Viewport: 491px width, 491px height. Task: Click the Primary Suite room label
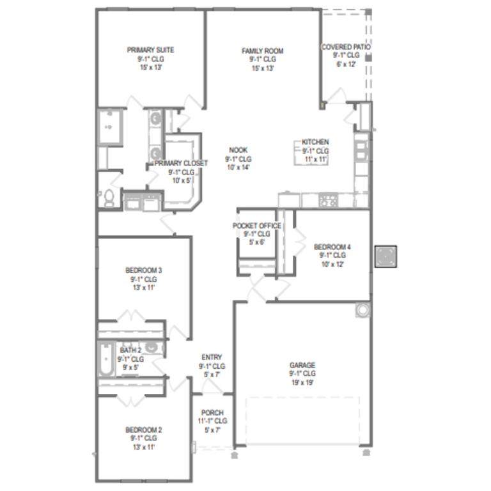(150, 50)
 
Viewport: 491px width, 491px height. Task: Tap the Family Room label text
(262, 51)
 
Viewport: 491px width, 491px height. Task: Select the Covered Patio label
(346, 47)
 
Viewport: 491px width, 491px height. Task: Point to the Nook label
(238, 150)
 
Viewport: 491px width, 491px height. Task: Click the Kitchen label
(315, 142)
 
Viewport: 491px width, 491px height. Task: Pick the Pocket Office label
(257, 226)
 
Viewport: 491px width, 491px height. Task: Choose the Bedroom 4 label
(332, 247)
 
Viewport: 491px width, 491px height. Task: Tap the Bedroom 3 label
(143, 270)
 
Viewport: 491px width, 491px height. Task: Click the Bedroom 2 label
(143, 430)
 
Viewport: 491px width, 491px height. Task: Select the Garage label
(302, 365)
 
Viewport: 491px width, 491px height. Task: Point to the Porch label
(212, 413)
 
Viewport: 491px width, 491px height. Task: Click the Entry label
(212, 357)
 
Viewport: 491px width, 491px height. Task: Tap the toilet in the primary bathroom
(109, 198)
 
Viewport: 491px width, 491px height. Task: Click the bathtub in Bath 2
(107, 359)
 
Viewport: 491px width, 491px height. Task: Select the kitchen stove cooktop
(328, 199)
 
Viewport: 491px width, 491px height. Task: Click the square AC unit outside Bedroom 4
(386, 256)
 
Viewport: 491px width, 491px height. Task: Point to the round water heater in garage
(363, 310)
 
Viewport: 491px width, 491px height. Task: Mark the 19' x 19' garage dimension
(302, 382)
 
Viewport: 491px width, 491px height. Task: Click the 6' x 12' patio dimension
(346, 64)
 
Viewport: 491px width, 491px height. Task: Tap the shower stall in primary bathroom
(109, 127)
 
